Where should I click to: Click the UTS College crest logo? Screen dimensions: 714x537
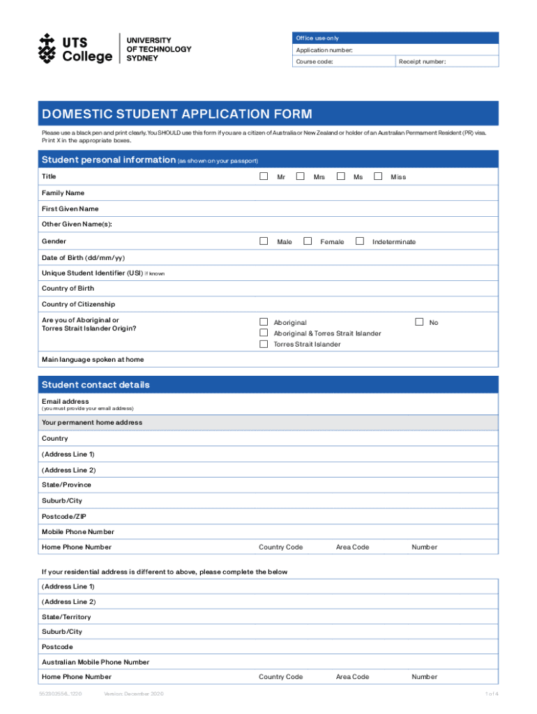click(47, 48)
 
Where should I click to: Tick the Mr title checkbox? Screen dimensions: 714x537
click(264, 176)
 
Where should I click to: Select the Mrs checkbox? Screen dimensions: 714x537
click(300, 176)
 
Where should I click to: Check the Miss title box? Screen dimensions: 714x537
click(378, 176)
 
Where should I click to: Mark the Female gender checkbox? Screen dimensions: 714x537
click(307, 241)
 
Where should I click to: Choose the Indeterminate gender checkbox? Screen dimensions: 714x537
click(360, 241)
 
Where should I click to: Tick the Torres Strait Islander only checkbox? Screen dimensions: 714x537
click(264, 344)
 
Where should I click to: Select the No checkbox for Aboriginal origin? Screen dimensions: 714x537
click(419, 322)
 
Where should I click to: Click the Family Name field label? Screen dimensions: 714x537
click(63, 192)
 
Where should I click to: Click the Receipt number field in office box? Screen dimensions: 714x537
click(447, 62)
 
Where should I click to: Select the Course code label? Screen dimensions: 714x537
click(315, 62)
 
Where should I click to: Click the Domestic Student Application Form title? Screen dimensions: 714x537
click(177, 114)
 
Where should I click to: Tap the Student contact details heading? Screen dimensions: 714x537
click(96, 385)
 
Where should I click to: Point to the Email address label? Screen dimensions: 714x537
click(66, 402)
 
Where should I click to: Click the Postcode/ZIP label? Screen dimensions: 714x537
click(65, 516)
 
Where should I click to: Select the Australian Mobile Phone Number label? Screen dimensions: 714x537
click(96, 662)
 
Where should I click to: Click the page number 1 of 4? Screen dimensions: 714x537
click(492, 694)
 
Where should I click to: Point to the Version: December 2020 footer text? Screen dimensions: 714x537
click(133, 694)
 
